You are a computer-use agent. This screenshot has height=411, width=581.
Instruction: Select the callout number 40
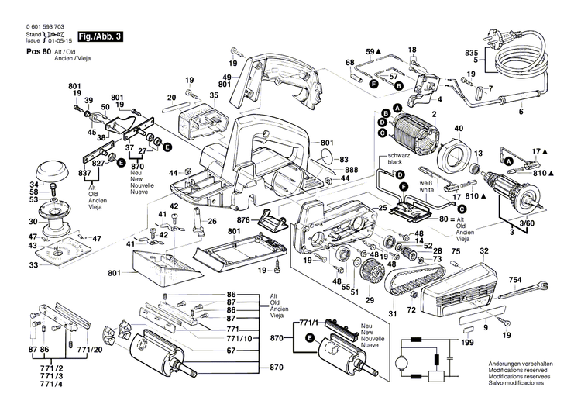tap(459, 128)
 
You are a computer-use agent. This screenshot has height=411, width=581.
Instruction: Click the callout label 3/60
tap(526, 223)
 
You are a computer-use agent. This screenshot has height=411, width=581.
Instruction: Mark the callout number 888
tap(352, 170)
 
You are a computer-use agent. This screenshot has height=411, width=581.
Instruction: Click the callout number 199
tap(468, 342)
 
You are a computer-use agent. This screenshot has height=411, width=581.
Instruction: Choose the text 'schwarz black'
tap(388, 160)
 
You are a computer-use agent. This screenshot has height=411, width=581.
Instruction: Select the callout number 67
tap(231, 351)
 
